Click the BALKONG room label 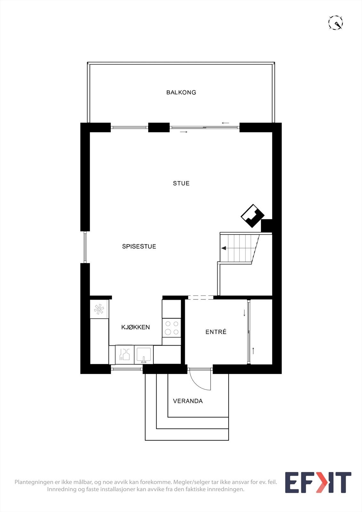point(181,92)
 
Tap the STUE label point(181,183)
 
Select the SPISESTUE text point(139,246)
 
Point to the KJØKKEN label point(136,327)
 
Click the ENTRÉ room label point(216,332)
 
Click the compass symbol point(336,23)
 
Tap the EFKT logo point(318,483)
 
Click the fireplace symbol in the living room point(253,216)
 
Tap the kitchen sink point(144,355)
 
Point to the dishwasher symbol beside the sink point(125,355)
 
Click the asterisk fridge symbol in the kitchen point(99,309)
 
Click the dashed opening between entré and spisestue point(201,297)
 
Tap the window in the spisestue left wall point(85,247)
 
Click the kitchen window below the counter point(127,369)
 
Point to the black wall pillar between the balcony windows point(159,128)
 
